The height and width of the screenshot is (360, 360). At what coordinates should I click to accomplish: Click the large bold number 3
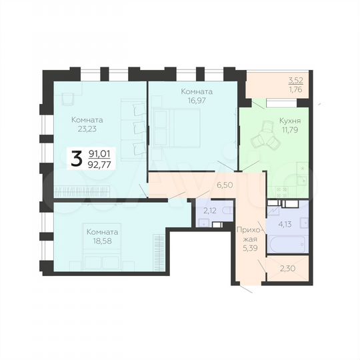pos(77,158)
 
